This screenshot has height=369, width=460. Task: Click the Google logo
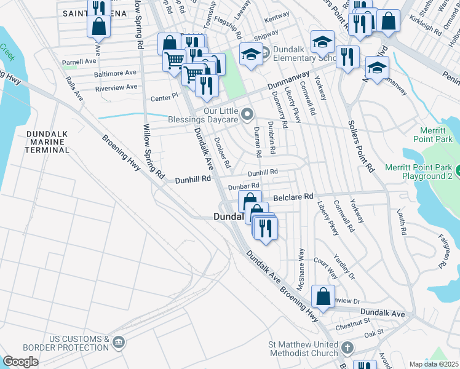[21, 362]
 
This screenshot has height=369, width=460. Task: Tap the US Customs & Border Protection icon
[119, 341]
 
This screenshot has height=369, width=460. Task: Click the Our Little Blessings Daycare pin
[248, 114]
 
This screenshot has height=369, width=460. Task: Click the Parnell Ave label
[79, 62]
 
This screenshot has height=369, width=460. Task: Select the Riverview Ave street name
[117, 87]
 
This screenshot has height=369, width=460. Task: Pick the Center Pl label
[164, 97]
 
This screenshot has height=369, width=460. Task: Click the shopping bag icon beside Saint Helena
[99, 27]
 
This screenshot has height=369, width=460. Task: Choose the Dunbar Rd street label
[244, 186]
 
